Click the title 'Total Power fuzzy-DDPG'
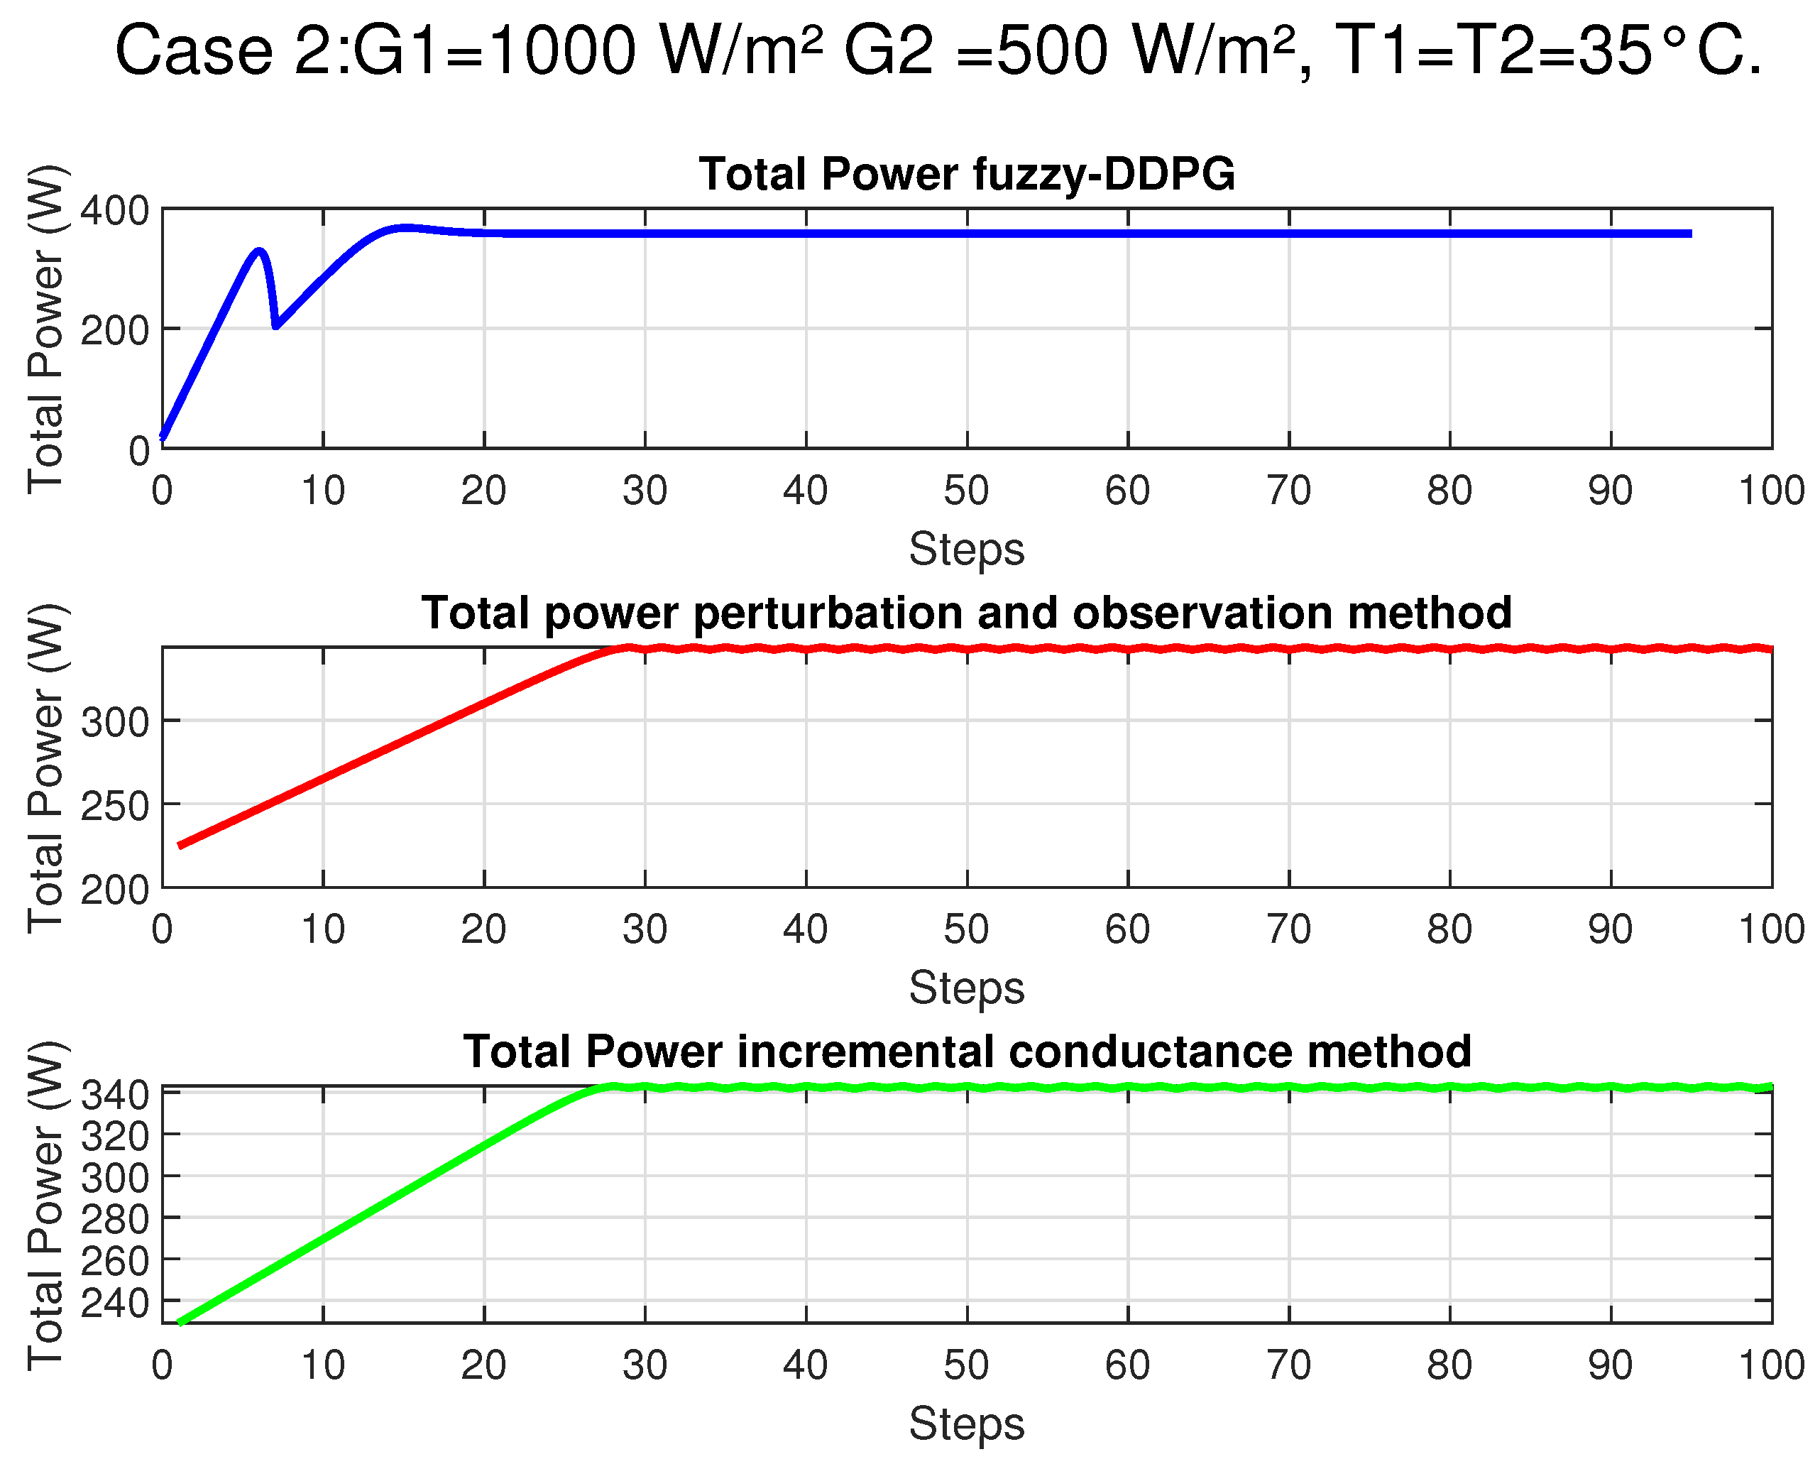(x=967, y=175)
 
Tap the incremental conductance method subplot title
(x=967, y=1052)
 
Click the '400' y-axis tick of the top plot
(x=114, y=210)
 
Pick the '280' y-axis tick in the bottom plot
(x=114, y=1219)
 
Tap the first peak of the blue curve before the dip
(x=259, y=251)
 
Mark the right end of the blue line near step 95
(x=1689, y=234)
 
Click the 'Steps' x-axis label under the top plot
(x=967, y=550)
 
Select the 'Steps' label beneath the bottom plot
(x=967, y=1424)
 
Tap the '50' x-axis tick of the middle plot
(x=967, y=929)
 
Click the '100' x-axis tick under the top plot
(x=1771, y=491)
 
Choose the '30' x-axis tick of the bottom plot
(x=645, y=1365)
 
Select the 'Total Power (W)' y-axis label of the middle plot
(x=46, y=768)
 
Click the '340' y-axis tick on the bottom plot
(x=114, y=1096)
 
